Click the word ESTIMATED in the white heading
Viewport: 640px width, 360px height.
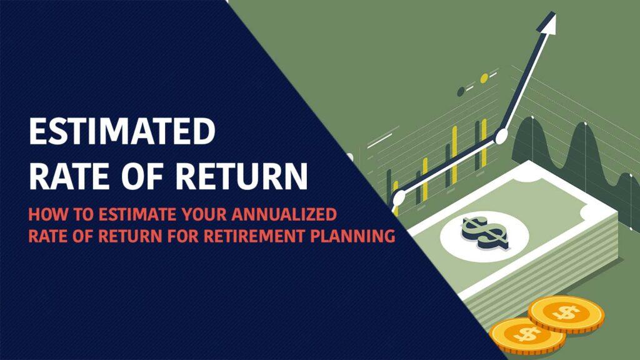click(122, 131)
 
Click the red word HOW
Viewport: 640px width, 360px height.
click(45, 214)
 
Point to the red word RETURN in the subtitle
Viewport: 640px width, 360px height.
click(130, 236)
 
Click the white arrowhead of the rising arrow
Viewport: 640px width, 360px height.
click(549, 21)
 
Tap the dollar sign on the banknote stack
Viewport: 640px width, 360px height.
click(485, 233)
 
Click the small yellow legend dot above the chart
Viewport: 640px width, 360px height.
click(484, 78)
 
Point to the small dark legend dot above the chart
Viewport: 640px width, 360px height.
click(461, 91)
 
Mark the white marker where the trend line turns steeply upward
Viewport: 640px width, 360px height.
click(501, 136)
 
